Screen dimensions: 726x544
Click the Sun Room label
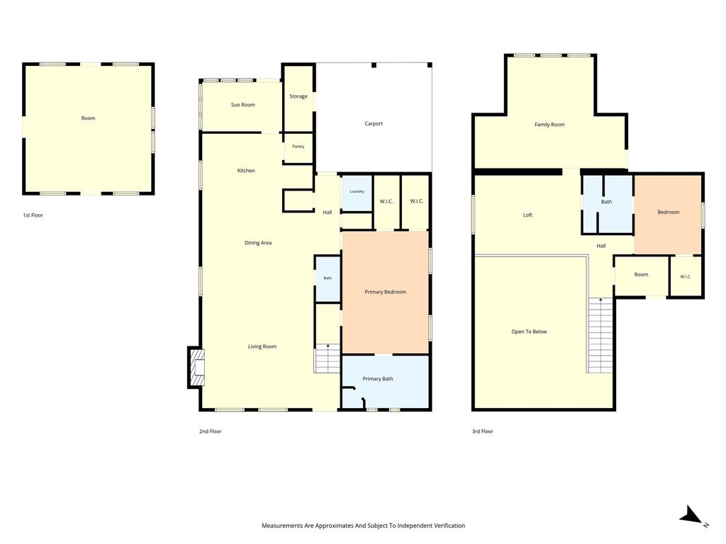[243, 105]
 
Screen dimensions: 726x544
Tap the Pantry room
[298, 147]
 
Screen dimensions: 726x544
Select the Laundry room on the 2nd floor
[357, 193]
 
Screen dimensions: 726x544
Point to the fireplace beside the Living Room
[196, 368]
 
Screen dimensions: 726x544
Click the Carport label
[374, 124]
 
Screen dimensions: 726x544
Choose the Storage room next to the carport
[298, 98]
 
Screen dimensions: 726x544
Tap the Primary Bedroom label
[385, 292]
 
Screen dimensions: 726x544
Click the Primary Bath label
[378, 379]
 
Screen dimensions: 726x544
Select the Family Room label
[549, 125]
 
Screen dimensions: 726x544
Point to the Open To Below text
[529, 331]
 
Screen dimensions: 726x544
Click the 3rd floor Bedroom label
[669, 212]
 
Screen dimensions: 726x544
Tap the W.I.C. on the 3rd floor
[686, 277]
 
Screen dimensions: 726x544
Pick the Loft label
[527, 215]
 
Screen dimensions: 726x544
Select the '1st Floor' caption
[33, 215]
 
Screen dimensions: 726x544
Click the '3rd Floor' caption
[482, 431]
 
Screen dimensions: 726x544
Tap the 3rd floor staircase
[601, 335]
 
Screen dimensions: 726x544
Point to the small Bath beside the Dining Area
[328, 278]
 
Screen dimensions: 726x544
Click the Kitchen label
[246, 171]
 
